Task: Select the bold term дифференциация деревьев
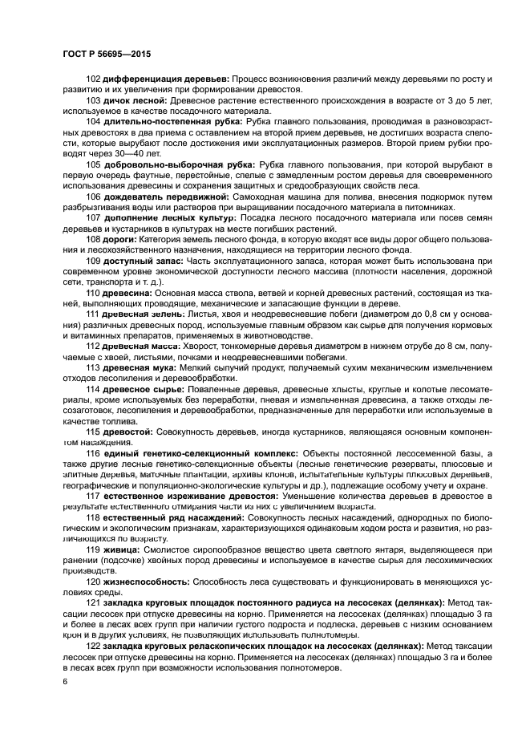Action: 166,79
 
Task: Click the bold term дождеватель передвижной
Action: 172,196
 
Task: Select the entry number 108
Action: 93,238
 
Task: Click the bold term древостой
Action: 128,432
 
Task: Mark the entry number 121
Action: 93,602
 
